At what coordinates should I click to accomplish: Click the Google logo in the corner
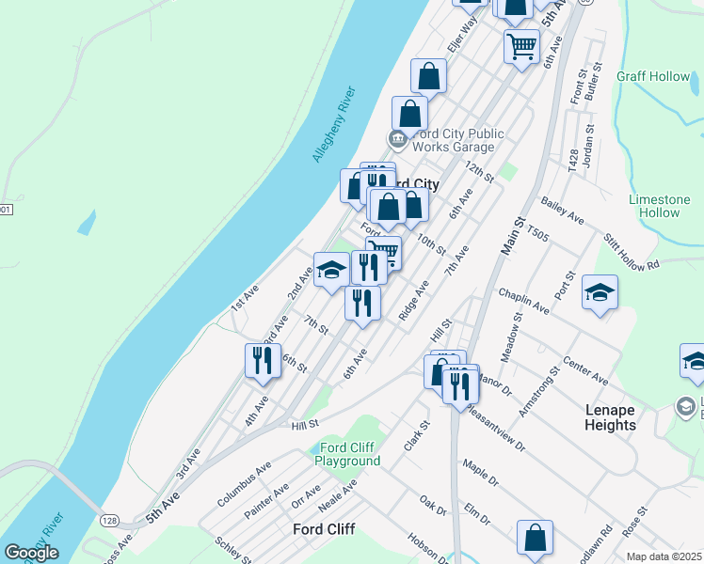[31, 553]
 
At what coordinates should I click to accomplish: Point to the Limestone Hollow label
[660, 206]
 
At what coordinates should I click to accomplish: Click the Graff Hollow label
[653, 76]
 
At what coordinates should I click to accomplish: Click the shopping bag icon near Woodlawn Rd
[535, 539]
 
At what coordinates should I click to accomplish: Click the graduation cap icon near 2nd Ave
[330, 272]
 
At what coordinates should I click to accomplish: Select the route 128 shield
[110, 520]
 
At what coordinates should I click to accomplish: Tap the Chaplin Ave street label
[524, 301]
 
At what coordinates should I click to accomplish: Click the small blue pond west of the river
[87, 223]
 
